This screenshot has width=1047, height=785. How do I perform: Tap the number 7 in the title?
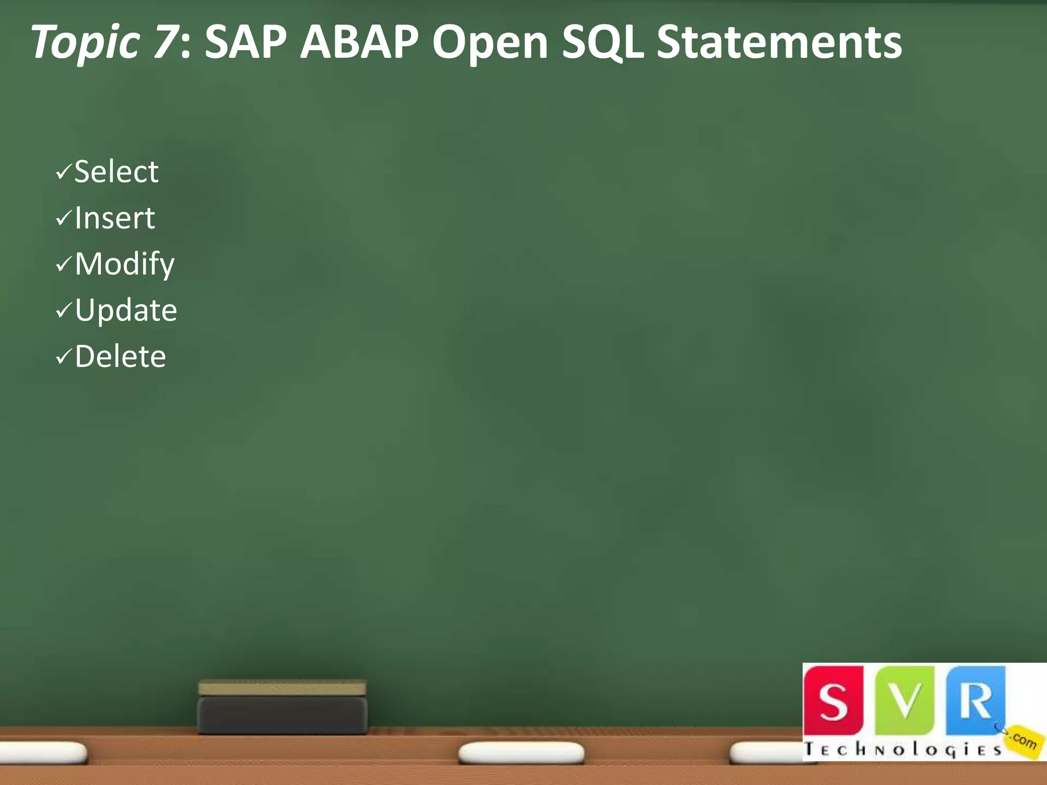pos(163,42)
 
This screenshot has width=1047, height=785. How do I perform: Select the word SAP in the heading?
pos(245,42)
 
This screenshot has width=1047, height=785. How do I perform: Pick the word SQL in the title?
pos(603,43)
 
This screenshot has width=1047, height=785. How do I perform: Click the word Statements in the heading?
pos(779,42)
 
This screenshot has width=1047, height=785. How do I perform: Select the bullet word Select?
pos(116,172)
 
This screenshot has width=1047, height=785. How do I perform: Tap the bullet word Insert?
pos(115,218)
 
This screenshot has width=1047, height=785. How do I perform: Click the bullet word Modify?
pos(125,265)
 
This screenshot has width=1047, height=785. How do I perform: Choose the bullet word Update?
pos(126,311)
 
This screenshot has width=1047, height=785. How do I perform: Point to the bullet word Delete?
pos(120,357)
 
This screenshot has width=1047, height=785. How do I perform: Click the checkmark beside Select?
pos(63,173)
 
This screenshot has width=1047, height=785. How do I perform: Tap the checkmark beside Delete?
pos(63,357)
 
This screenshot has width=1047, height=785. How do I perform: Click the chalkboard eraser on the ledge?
pos(282,708)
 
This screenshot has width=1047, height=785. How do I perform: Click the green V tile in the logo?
pos(904,700)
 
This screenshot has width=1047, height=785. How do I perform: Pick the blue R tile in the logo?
pos(974,700)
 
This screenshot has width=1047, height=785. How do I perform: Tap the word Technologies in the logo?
pos(903,750)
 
